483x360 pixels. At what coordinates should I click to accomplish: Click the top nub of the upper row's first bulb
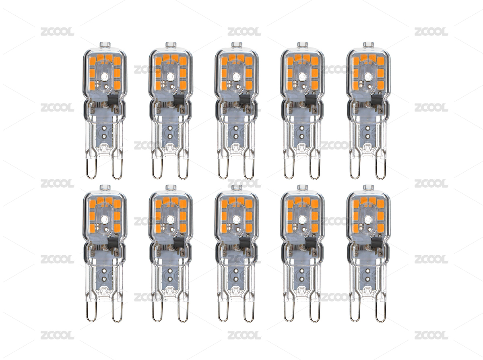(105, 44)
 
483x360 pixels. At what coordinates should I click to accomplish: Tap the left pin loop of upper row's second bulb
(157, 168)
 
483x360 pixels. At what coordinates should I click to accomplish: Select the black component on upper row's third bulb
(245, 100)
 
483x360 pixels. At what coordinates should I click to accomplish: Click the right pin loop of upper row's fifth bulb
(381, 168)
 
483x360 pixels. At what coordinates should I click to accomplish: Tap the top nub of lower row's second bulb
(171, 187)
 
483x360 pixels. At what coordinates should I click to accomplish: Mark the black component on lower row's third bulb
(245, 243)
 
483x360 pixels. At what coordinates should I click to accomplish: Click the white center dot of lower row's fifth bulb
(368, 219)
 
